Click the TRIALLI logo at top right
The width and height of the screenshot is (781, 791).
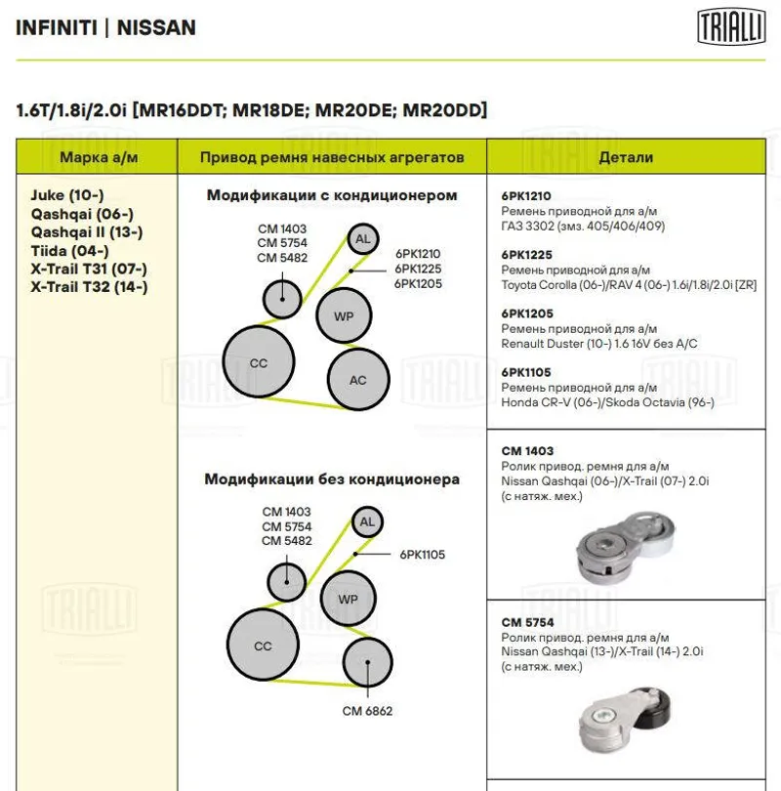click(732, 26)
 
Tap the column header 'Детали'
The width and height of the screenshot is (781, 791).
click(626, 157)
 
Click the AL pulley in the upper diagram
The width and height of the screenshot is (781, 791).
click(363, 239)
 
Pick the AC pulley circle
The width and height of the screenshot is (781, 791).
click(358, 379)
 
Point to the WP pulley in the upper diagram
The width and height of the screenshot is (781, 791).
click(344, 316)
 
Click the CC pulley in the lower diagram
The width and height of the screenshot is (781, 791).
click(263, 645)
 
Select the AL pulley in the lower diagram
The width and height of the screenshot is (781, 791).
click(367, 522)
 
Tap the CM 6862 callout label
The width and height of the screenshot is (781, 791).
click(367, 711)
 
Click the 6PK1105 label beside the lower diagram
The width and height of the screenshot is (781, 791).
click(422, 555)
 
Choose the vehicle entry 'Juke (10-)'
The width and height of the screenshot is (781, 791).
click(67, 195)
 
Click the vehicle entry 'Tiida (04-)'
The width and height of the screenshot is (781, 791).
click(69, 250)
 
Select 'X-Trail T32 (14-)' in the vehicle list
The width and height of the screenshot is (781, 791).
click(90, 287)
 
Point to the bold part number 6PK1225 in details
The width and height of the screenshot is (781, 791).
click(527, 254)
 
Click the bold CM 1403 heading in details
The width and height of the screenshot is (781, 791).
click(528, 451)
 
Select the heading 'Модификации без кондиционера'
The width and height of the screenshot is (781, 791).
click(332, 479)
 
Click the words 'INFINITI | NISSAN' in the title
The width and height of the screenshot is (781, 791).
click(105, 27)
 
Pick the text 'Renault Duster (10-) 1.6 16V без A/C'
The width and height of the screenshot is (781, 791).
click(598, 344)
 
